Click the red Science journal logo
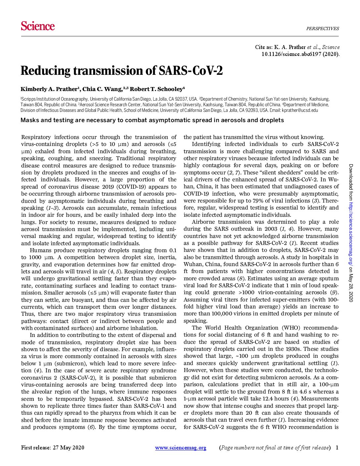(38, 26)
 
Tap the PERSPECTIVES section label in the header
(322, 28)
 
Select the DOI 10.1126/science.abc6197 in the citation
(296, 54)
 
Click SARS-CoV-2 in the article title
(191, 71)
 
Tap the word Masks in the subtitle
(29, 120)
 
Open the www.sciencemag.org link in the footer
(181, 448)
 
